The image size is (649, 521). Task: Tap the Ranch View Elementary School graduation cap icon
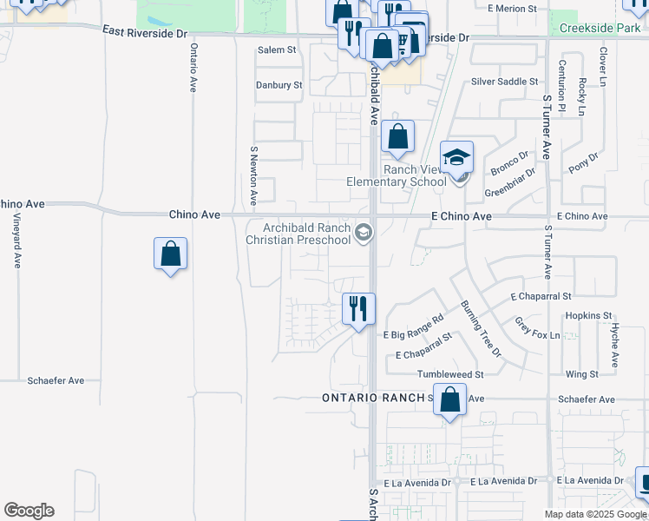pyautogui.click(x=456, y=158)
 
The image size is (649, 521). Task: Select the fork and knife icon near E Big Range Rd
pyautogui.click(x=357, y=308)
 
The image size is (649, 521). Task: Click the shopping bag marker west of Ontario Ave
pyautogui.click(x=171, y=254)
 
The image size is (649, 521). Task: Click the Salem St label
pyautogui.click(x=277, y=50)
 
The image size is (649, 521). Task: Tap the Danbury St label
pyautogui.click(x=279, y=85)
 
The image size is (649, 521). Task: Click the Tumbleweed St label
pyautogui.click(x=449, y=374)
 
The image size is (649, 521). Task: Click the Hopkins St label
pyautogui.click(x=588, y=316)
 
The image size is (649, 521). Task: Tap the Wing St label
pyautogui.click(x=581, y=374)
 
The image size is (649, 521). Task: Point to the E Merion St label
pyautogui.click(x=513, y=9)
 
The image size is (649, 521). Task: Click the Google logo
pyautogui.click(x=29, y=511)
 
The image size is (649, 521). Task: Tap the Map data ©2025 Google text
pyautogui.click(x=594, y=514)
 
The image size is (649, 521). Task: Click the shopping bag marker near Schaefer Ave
pyautogui.click(x=449, y=400)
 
